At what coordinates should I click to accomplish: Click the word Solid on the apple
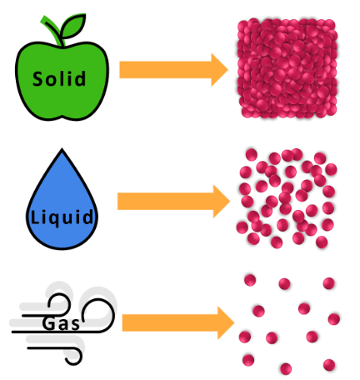[x=59, y=78]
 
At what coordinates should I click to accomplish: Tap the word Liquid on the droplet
[x=62, y=217]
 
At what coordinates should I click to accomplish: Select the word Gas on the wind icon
[x=61, y=323]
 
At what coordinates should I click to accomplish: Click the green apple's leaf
[x=72, y=26]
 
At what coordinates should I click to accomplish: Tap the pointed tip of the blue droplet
[x=62, y=149]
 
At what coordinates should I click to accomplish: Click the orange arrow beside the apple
[x=173, y=70]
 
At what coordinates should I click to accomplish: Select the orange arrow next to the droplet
[x=173, y=202]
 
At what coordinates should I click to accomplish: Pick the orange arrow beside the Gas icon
[x=178, y=322]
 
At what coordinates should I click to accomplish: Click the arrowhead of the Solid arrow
[x=219, y=70]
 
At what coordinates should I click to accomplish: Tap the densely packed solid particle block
[x=287, y=68]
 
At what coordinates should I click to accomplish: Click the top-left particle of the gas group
[x=250, y=280]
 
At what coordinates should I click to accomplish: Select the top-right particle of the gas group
[x=329, y=283]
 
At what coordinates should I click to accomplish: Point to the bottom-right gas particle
[x=329, y=365]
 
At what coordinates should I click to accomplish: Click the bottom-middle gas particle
[x=286, y=368]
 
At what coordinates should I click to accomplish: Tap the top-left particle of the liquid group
[x=252, y=154]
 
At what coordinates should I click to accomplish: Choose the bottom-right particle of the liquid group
[x=322, y=242]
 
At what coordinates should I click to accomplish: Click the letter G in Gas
[x=48, y=323]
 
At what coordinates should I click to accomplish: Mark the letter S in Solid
[x=38, y=78]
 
